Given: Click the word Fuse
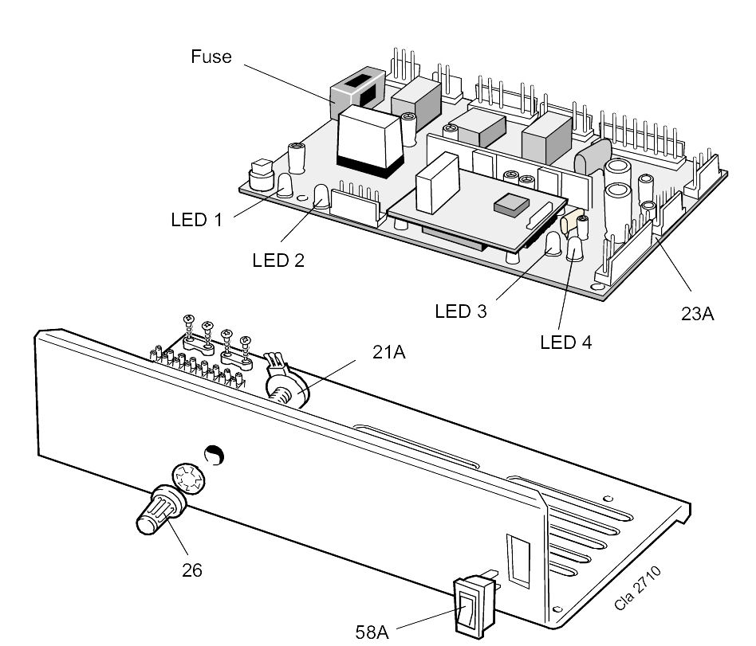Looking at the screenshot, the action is pos(211,57).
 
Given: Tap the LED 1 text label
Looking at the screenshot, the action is pos(197,220).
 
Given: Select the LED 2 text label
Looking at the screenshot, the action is pos(278,260).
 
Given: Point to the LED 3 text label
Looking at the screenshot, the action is pos(460,311).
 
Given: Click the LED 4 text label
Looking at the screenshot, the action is pos(565,343).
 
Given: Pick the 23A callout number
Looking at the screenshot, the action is pos(697,314).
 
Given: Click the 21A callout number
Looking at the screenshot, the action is pos(388,353).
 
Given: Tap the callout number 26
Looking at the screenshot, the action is pos(192,570).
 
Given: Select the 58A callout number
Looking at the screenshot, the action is pos(372,632).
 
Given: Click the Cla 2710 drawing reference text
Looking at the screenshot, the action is pos(637,588).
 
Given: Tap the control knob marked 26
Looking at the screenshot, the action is pos(160,510).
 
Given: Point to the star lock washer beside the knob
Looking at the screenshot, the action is pos(188,479).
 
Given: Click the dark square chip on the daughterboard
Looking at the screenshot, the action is pos(511,203).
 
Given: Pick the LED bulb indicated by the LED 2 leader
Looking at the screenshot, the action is pos(321,197).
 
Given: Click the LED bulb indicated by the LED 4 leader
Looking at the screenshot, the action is pos(575,249).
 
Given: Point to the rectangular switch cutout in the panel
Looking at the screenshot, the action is pos(518,561).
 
